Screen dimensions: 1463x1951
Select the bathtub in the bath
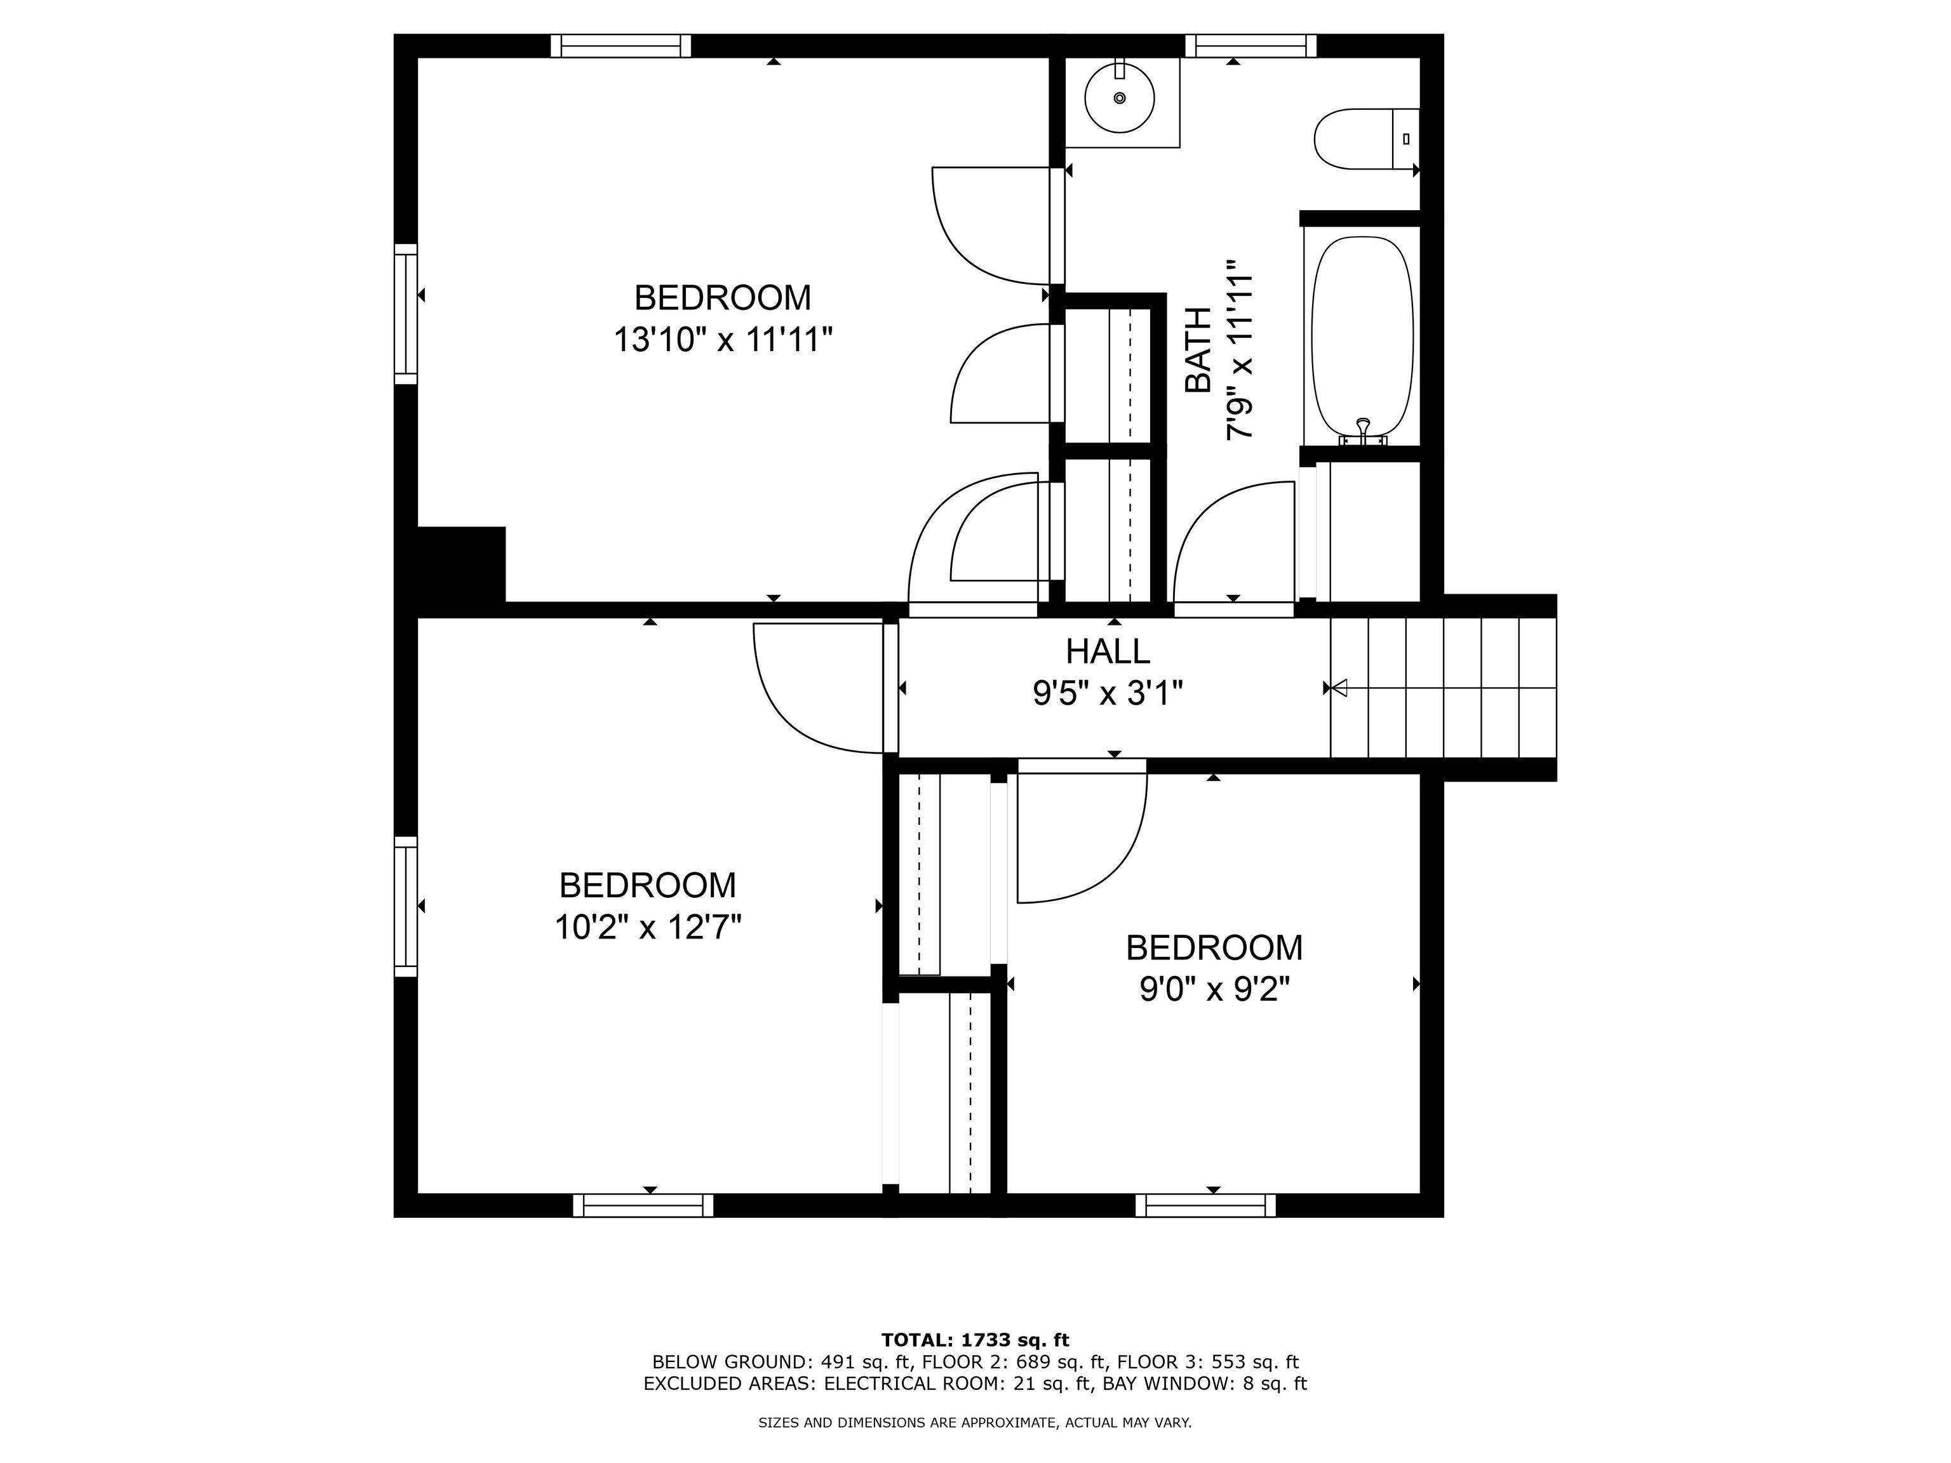pyautogui.click(x=1362, y=335)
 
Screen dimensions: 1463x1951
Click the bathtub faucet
pyautogui.click(x=1363, y=429)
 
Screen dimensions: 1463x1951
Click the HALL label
pyautogui.click(x=1107, y=651)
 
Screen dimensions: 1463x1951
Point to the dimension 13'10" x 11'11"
pyautogui.click(x=722, y=340)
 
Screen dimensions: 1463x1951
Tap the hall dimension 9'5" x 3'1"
pyautogui.click(x=1107, y=694)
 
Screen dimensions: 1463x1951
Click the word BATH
pyautogui.click(x=1198, y=350)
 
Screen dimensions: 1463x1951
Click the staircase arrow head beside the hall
pyautogui.click(x=1339, y=688)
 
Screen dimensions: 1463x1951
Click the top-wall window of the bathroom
pyautogui.click(x=1250, y=46)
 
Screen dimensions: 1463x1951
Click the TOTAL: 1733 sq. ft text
pyautogui.click(x=975, y=1341)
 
